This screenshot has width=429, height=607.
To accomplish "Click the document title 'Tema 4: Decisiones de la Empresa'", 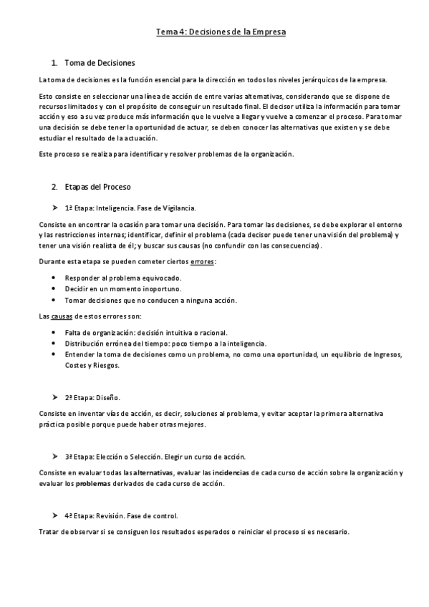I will click(x=215, y=32).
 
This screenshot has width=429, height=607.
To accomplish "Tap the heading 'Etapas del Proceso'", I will click(x=97, y=188).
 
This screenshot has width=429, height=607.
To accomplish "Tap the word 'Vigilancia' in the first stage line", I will click(x=178, y=208).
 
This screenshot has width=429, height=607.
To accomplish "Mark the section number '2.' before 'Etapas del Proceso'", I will click(x=54, y=188).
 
